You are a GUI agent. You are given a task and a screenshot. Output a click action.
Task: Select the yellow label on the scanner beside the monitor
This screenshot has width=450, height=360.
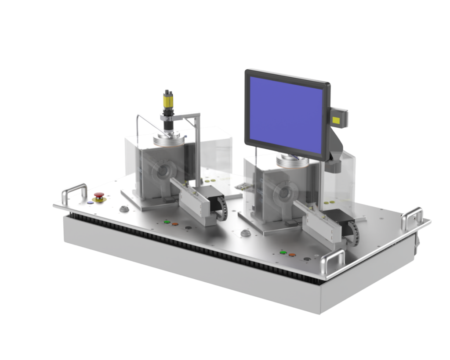click(x=338, y=119)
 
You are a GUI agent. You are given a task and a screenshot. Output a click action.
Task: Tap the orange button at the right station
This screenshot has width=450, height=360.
click(x=292, y=254)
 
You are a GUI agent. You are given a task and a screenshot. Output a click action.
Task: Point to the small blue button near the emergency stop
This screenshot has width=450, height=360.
click(x=91, y=202)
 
